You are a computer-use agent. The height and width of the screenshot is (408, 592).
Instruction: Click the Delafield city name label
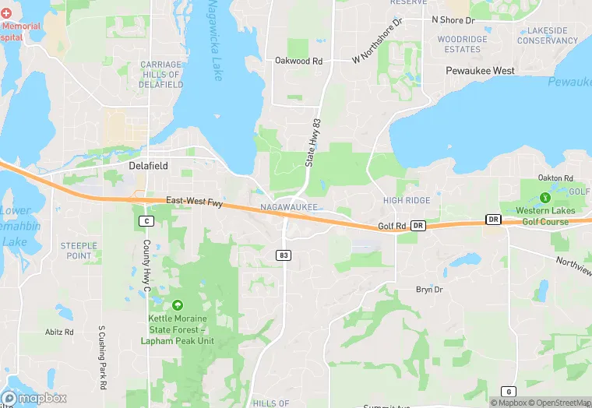149,166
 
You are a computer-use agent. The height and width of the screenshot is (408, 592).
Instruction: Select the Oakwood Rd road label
298,60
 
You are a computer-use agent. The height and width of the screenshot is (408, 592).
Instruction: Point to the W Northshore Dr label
377,48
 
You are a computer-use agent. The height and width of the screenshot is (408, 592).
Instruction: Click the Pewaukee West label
481,71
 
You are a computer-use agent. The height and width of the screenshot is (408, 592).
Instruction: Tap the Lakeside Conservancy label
548,36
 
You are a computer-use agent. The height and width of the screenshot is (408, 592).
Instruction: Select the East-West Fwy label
195,202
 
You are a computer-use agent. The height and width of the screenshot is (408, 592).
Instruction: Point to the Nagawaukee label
288,208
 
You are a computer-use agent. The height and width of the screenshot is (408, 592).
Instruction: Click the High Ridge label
407,201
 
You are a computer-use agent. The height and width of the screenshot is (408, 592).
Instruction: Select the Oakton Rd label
555,178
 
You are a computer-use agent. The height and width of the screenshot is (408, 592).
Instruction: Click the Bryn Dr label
429,290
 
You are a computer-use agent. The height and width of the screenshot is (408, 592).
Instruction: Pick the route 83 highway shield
284,255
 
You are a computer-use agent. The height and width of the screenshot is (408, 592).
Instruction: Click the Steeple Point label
79,251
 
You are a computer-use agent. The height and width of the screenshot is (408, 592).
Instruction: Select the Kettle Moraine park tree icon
178,304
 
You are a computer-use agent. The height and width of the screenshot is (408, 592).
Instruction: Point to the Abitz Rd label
59,332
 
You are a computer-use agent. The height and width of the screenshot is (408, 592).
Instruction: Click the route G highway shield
508,392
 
